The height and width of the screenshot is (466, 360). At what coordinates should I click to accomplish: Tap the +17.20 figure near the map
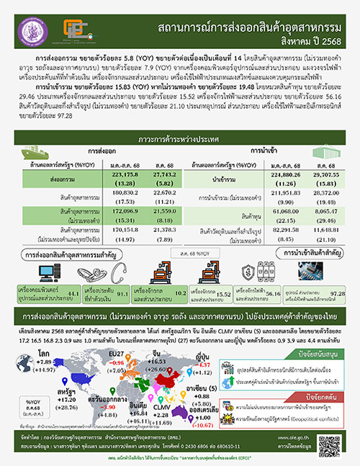click(66, 378)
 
